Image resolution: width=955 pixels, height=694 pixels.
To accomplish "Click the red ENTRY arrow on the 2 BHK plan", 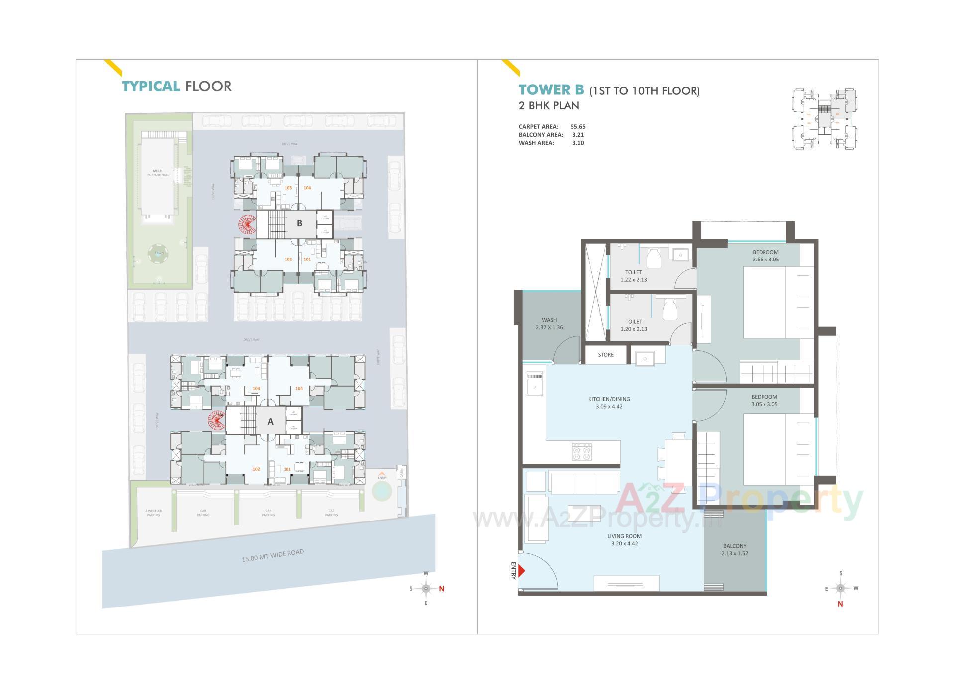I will click(521, 570).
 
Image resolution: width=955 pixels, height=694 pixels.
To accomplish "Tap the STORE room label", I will click(605, 355).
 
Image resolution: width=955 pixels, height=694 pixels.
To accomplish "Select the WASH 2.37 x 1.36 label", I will click(549, 324).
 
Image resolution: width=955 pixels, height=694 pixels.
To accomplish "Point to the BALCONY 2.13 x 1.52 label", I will click(735, 549).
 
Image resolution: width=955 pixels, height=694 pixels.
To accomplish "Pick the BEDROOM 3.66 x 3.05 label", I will click(765, 256).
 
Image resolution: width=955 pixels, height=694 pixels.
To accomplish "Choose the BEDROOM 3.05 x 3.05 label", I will click(764, 400).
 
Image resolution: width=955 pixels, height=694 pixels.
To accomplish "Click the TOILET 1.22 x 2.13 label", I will click(633, 276).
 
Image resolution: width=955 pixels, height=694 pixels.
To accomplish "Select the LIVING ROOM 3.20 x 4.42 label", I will click(624, 539).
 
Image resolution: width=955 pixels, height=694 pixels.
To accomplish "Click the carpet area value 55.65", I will click(577, 127).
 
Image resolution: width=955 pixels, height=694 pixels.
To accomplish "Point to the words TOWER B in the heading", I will click(551, 90).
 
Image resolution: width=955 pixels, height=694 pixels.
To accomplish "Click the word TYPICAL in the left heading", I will click(151, 87).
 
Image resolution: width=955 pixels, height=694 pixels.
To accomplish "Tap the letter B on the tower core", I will click(299, 223).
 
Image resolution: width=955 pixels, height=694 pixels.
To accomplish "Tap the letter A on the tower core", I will click(270, 422).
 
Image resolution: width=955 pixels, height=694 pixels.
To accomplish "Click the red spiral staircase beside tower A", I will click(216, 421).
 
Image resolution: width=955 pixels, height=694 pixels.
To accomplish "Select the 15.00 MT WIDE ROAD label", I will click(273, 555).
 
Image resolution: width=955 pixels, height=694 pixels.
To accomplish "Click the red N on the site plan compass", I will click(441, 589).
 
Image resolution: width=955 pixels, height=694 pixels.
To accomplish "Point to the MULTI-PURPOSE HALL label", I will click(158, 173).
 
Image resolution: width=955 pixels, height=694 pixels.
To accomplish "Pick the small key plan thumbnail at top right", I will click(824, 119).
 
